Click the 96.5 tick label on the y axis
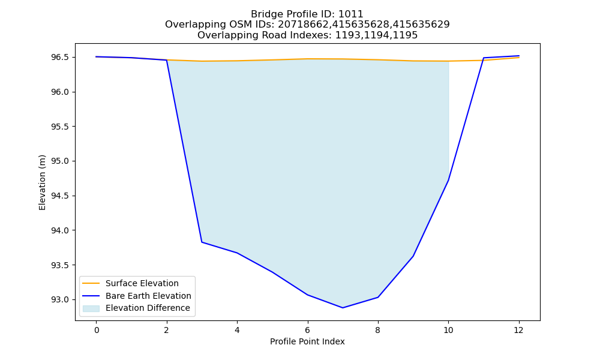click(60, 58)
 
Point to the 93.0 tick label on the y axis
click(60, 299)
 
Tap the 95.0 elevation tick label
click(60, 161)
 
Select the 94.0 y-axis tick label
click(60, 230)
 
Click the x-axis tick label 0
click(97, 330)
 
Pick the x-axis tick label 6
click(308, 330)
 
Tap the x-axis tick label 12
click(518, 330)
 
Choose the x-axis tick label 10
click(448, 330)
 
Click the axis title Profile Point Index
click(307, 341)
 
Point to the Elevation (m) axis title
click(42, 182)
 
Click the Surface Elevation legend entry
click(142, 283)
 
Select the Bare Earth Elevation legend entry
click(148, 296)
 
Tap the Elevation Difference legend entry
click(148, 308)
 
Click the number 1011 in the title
click(351, 14)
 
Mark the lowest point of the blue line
click(343, 308)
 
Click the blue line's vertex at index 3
click(202, 242)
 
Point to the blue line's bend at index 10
click(448, 180)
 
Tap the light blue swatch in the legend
click(91, 308)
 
